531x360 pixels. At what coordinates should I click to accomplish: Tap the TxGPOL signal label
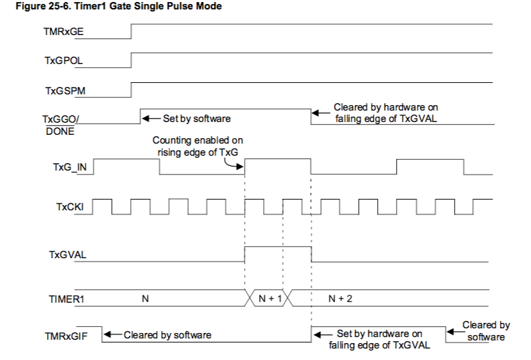tap(63, 60)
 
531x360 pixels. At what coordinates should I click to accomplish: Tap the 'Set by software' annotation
tap(196, 118)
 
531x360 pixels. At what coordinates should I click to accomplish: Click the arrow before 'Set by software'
tap(149, 118)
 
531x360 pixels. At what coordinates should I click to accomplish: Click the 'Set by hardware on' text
tap(379, 334)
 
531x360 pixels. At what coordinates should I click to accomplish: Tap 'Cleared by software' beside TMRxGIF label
tap(167, 334)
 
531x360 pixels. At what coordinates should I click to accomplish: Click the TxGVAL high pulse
tap(277, 248)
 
